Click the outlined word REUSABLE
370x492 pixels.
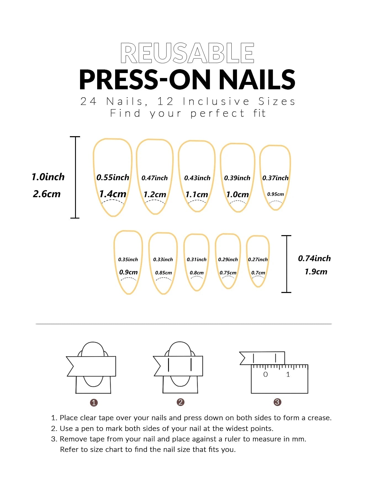[187, 53]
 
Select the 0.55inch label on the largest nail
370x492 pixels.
[113, 177]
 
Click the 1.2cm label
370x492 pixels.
[155, 194]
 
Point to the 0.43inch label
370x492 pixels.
[197, 178]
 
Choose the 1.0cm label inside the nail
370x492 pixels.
[237, 194]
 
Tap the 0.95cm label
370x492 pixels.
[275, 194]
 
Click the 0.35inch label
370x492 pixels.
[128, 259]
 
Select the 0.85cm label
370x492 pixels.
[163, 273]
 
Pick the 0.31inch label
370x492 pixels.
[197, 259]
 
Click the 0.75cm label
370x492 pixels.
[228, 273]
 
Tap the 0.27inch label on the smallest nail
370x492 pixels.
[258, 259]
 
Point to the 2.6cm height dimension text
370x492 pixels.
[47, 194]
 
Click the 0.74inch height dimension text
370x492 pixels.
[314, 258]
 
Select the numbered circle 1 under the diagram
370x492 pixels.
[94, 403]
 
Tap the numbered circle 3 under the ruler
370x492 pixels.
[277, 402]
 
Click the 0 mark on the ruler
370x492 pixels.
[265, 374]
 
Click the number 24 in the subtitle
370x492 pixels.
[88, 101]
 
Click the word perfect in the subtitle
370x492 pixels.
[217, 113]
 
